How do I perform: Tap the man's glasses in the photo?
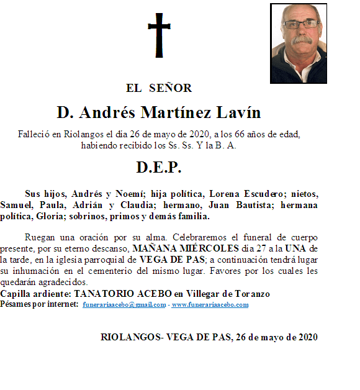(302, 24)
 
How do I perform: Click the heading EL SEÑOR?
(159, 88)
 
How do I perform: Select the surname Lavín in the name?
(238, 113)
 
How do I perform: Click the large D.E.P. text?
(158, 168)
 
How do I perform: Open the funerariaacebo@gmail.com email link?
(124, 305)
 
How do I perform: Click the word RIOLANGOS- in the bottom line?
(132, 337)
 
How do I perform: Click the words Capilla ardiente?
(35, 293)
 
